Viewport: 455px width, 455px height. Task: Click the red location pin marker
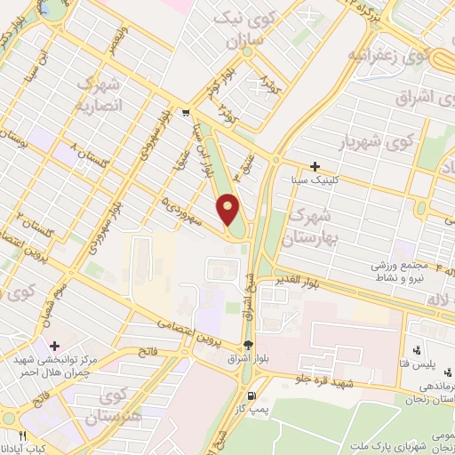229,209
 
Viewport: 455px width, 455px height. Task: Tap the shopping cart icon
185,113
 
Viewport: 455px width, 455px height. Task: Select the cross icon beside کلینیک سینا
315,166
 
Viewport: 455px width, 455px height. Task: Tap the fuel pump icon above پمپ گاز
251,395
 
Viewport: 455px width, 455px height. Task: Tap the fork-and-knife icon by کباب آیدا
23,435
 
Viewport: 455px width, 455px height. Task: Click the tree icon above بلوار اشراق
248,345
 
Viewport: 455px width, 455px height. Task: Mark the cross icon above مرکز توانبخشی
55,345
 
